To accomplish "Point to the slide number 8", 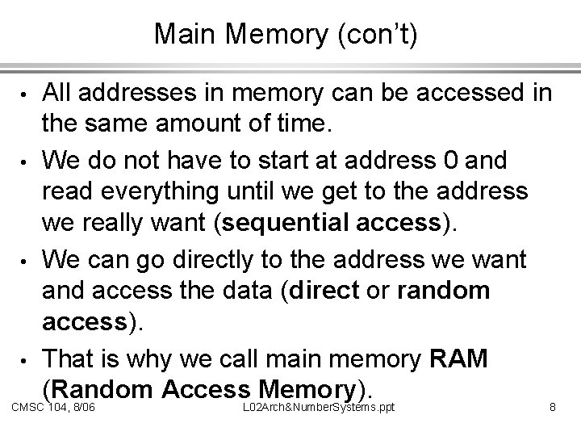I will click(x=553, y=409).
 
